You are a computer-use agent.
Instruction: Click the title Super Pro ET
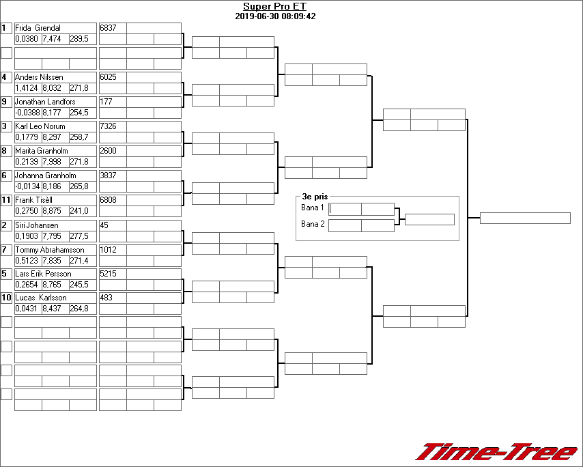pos(275,7)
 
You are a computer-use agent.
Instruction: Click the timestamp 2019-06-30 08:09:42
pos(275,16)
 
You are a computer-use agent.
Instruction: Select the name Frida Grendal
pos(38,28)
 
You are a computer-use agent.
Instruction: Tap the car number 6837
pos(108,28)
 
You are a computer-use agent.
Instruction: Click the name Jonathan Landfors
pos(45,102)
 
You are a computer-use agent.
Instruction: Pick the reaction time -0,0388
pos(28,113)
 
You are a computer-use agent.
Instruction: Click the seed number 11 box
pos(6,200)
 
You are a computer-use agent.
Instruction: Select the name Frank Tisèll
pos(35,200)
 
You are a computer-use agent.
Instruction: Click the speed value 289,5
pos(79,39)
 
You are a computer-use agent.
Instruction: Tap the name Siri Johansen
pos(37,225)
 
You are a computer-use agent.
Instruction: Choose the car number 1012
pos(108,250)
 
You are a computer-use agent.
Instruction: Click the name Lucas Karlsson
pos(41,298)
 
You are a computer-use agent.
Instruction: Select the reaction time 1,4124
pos(27,88)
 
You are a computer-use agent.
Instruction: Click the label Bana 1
pos(312,208)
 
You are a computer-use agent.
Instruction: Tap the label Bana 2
pos(312,224)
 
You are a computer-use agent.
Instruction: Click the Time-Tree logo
pos(497,452)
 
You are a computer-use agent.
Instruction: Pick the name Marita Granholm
pos(42,151)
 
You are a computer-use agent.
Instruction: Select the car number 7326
pos(108,126)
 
